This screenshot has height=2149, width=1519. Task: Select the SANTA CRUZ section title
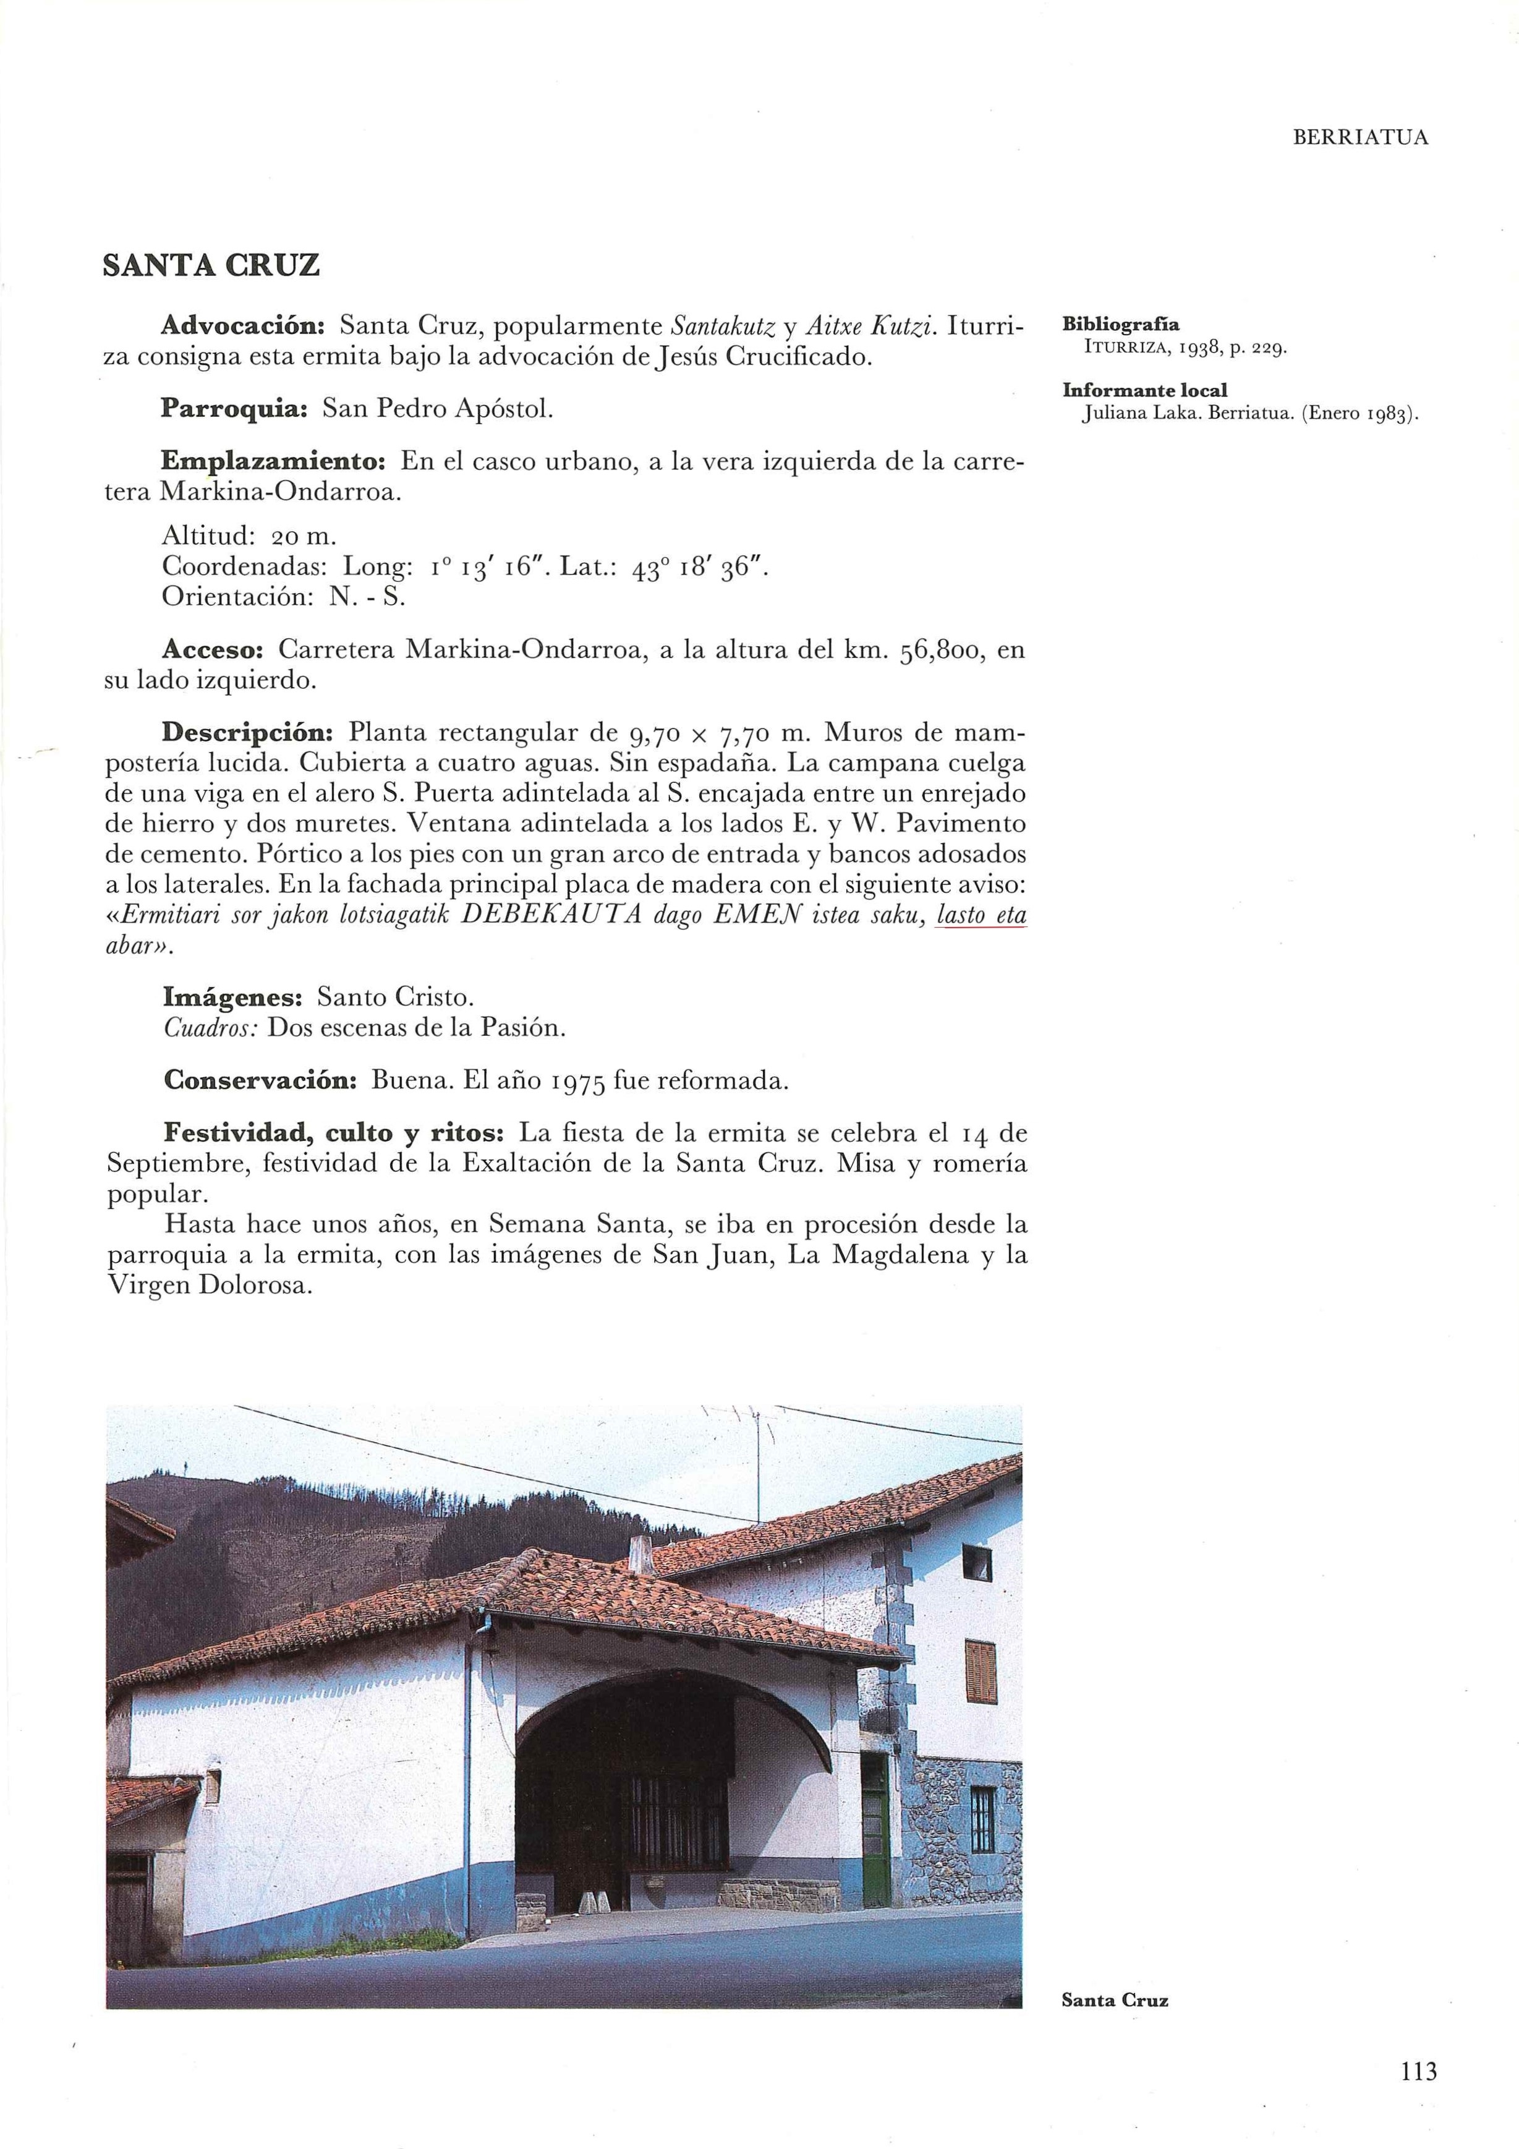tap(211, 266)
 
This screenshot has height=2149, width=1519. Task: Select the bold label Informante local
tap(1144, 390)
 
